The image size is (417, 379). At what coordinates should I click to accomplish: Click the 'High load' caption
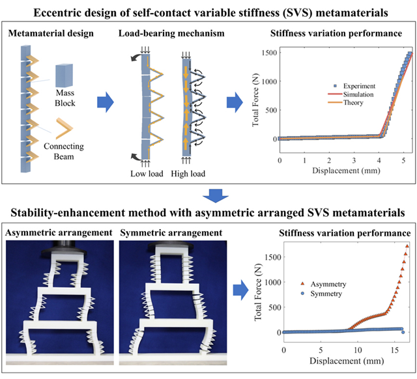[x=192, y=174]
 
